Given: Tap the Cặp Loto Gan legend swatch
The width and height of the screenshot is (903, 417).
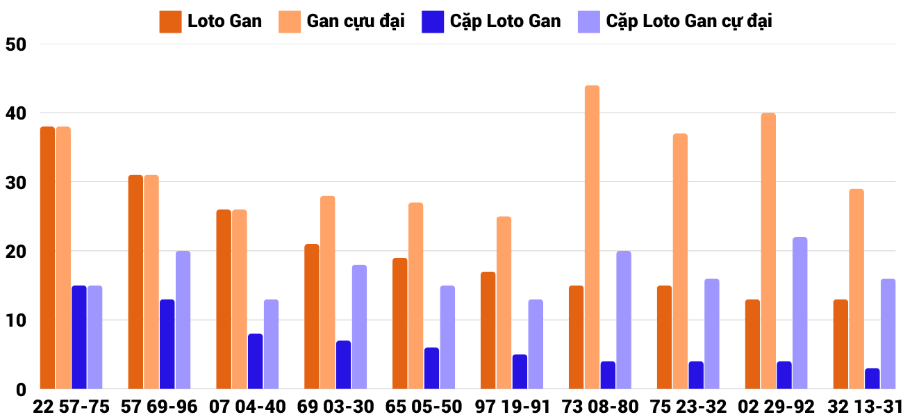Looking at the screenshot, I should tap(432, 22).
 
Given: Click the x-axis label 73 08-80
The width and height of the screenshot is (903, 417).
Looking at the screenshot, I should tap(599, 407).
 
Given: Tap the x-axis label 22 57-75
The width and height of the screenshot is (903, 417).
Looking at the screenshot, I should tap(71, 407).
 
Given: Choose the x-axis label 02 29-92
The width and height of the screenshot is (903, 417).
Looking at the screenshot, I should tap(776, 407).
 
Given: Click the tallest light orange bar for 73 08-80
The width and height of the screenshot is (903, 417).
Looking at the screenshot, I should tap(592, 237).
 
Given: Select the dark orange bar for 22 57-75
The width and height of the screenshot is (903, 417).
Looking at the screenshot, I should tap(47, 258).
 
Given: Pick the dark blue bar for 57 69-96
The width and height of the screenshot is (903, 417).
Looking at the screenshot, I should tap(167, 344).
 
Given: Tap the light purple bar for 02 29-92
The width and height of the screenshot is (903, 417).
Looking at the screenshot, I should tap(800, 313).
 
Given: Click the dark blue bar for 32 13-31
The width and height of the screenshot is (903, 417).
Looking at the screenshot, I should tap(872, 379).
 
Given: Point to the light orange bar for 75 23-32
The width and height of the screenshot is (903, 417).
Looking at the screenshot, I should tap(680, 261).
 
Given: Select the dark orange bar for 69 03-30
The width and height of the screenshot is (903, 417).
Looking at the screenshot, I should tap(312, 316).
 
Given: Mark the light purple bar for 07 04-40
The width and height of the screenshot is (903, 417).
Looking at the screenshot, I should tap(271, 344).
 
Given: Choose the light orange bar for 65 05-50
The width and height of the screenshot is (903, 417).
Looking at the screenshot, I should tap(415, 296).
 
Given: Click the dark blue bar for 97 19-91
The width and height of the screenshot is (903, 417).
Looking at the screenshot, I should tap(520, 372).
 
